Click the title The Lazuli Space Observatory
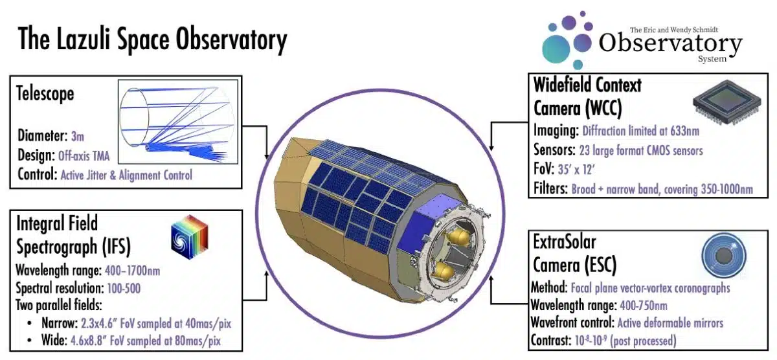152,40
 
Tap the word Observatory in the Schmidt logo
670,44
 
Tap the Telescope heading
46,94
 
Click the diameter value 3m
76,136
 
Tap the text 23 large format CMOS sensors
640,151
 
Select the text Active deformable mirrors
670,322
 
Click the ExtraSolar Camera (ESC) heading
575,254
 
